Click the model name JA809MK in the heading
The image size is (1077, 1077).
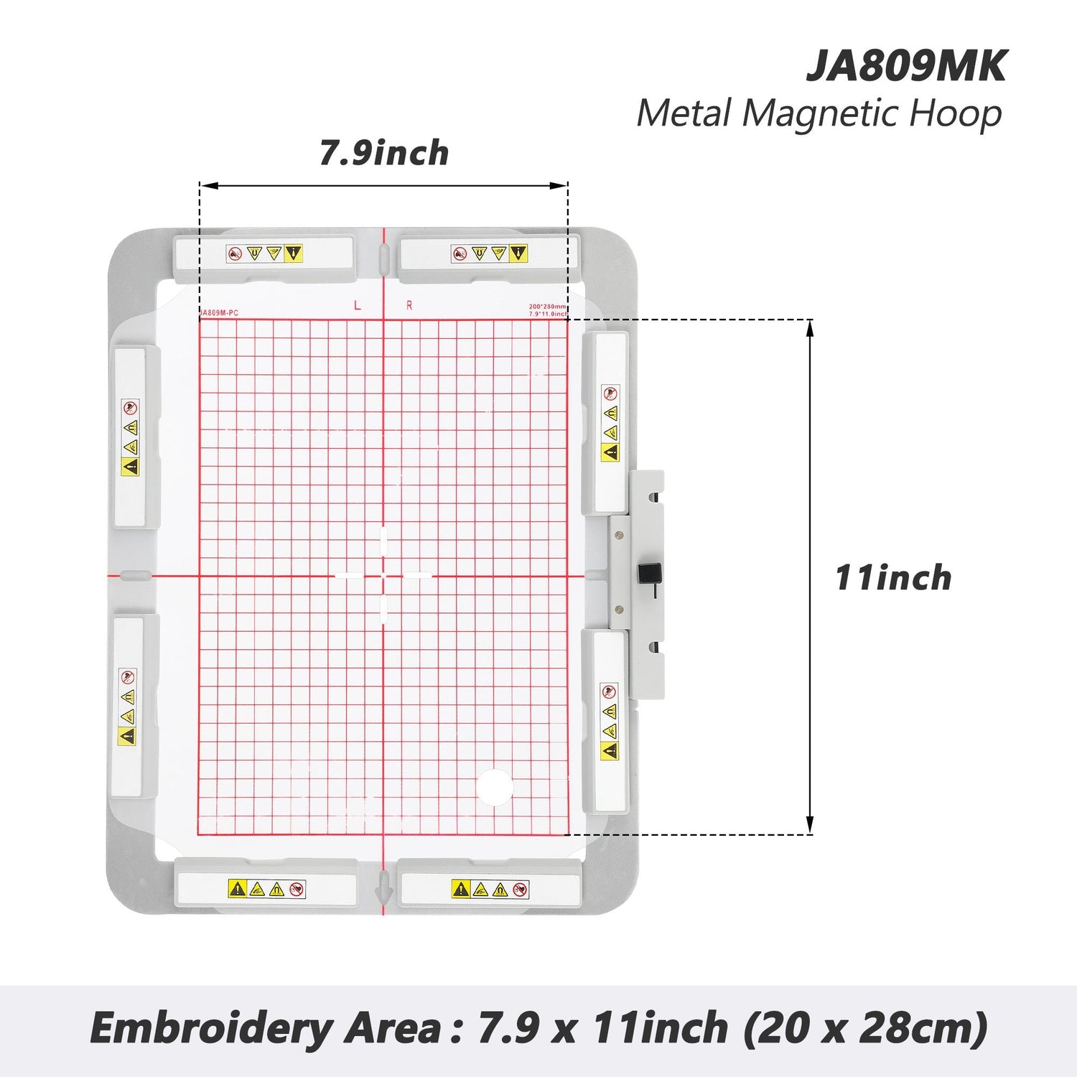906,66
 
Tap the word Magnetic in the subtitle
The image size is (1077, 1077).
819,114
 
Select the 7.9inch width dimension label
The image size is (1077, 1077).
384,153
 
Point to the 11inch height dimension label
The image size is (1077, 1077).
892,578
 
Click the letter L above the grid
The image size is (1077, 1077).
358,306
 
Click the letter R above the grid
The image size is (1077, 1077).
409,306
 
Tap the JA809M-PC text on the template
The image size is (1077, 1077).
219,313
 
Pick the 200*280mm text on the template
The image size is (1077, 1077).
547,307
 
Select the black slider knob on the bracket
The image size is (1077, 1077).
649,574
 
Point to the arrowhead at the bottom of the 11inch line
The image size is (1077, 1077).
810,826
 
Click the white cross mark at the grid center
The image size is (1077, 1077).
383,575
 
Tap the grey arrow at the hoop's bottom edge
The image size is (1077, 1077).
383,889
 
